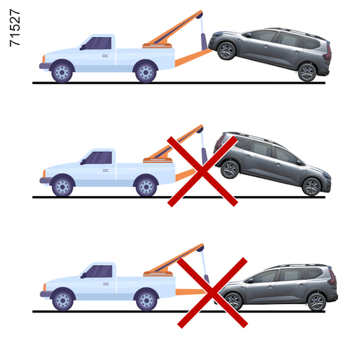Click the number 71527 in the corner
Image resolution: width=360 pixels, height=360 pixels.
pos(15,28)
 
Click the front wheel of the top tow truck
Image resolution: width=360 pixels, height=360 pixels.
pos(62,73)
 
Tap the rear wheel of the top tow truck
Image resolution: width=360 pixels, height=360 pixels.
pos(146,73)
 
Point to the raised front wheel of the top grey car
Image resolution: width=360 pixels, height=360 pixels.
pos(226,51)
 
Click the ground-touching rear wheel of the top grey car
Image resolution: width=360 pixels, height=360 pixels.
pos(307,73)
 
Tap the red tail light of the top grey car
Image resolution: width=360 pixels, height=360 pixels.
pos(328,52)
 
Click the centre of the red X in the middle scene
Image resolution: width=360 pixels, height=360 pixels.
pos(202,171)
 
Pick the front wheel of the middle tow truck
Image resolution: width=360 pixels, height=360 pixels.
pos(62,187)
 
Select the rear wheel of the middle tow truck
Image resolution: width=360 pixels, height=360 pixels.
pos(146,187)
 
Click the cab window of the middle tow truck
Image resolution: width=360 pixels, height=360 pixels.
pos(99,158)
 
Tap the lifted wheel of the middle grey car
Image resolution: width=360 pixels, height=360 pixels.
pos(230,170)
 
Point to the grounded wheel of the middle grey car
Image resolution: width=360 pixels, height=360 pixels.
pos(311,187)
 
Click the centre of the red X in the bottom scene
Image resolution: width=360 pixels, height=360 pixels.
pos(212,293)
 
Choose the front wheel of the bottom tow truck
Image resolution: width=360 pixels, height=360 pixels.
pos(62,301)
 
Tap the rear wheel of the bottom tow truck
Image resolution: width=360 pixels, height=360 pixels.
pos(146,301)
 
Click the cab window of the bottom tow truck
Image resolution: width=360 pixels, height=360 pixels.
pos(100,271)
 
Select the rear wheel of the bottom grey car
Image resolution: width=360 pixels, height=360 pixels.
pos(317,302)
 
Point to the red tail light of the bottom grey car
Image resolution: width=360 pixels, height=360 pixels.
pos(332,277)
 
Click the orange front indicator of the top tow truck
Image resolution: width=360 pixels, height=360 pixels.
pos(44,59)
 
